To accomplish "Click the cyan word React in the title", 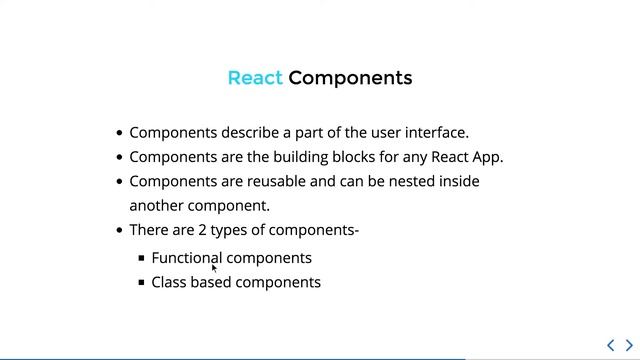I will click(255, 78).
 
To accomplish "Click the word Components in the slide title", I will click(350, 78).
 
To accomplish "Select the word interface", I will click(434, 132).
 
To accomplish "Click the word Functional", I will click(187, 258).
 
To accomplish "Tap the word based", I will click(212, 282).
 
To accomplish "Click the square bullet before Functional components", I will click(142, 258).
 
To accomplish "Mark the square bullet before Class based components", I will click(142, 283).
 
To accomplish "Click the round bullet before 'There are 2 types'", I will click(120, 231).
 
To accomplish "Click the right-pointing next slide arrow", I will click(629, 345).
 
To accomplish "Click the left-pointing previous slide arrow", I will click(611, 345).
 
